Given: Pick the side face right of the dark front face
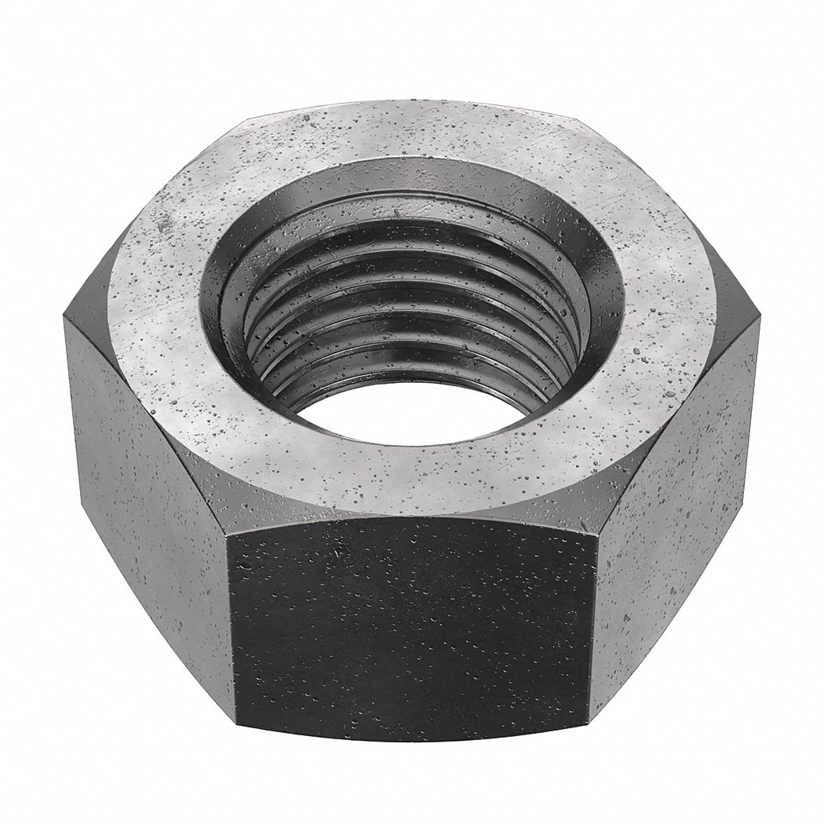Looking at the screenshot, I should pyautogui.click(x=675, y=510).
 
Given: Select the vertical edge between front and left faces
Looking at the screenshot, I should pyautogui.click(x=232, y=620).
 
